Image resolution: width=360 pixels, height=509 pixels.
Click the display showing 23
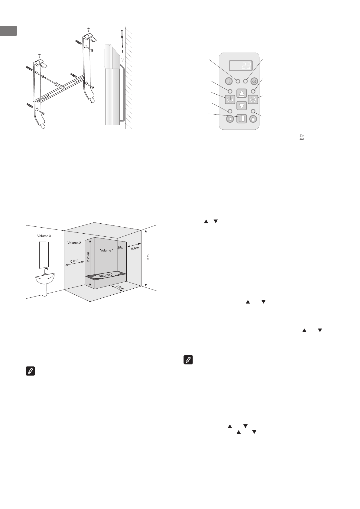(x=241, y=65)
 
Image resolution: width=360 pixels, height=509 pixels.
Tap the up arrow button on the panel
(x=242, y=93)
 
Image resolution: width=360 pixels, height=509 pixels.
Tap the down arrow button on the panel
(x=242, y=105)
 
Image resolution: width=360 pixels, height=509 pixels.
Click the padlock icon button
(x=253, y=119)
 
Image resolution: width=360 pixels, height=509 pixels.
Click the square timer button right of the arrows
(x=253, y=99)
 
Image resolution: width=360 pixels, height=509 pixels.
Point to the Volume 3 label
(x=44, y=236)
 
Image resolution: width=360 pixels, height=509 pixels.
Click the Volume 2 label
(x=74, y=243)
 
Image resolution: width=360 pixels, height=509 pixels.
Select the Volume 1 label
(x=107, y=250)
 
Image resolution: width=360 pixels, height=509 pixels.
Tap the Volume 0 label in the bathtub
(x=106, y=275)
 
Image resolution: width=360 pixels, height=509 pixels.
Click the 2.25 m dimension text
(x=88, y=257)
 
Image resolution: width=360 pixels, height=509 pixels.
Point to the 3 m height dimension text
(x=148, y=257)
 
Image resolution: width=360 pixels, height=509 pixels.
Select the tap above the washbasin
(x=46, y=271)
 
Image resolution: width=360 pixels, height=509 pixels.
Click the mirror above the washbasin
(x=44, y=254)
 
